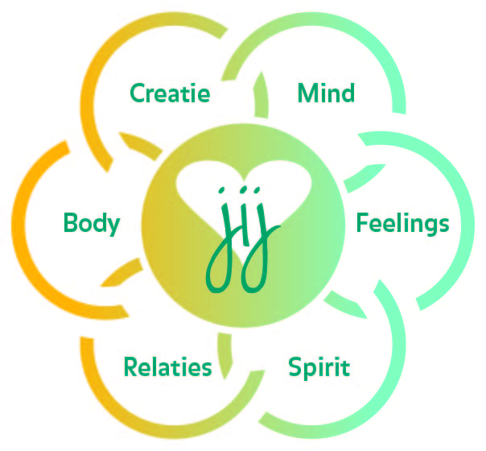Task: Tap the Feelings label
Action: coord(402,222)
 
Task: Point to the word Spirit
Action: coord(319,368)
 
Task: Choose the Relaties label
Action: coord(167,368)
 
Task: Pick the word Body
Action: coord(91,222)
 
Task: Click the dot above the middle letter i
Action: coord(243,192)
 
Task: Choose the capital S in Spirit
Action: coord(294,368)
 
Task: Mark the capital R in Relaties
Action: coord(130,368)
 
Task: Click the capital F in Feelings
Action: coord(362,222)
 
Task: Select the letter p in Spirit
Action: coord(309,371)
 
